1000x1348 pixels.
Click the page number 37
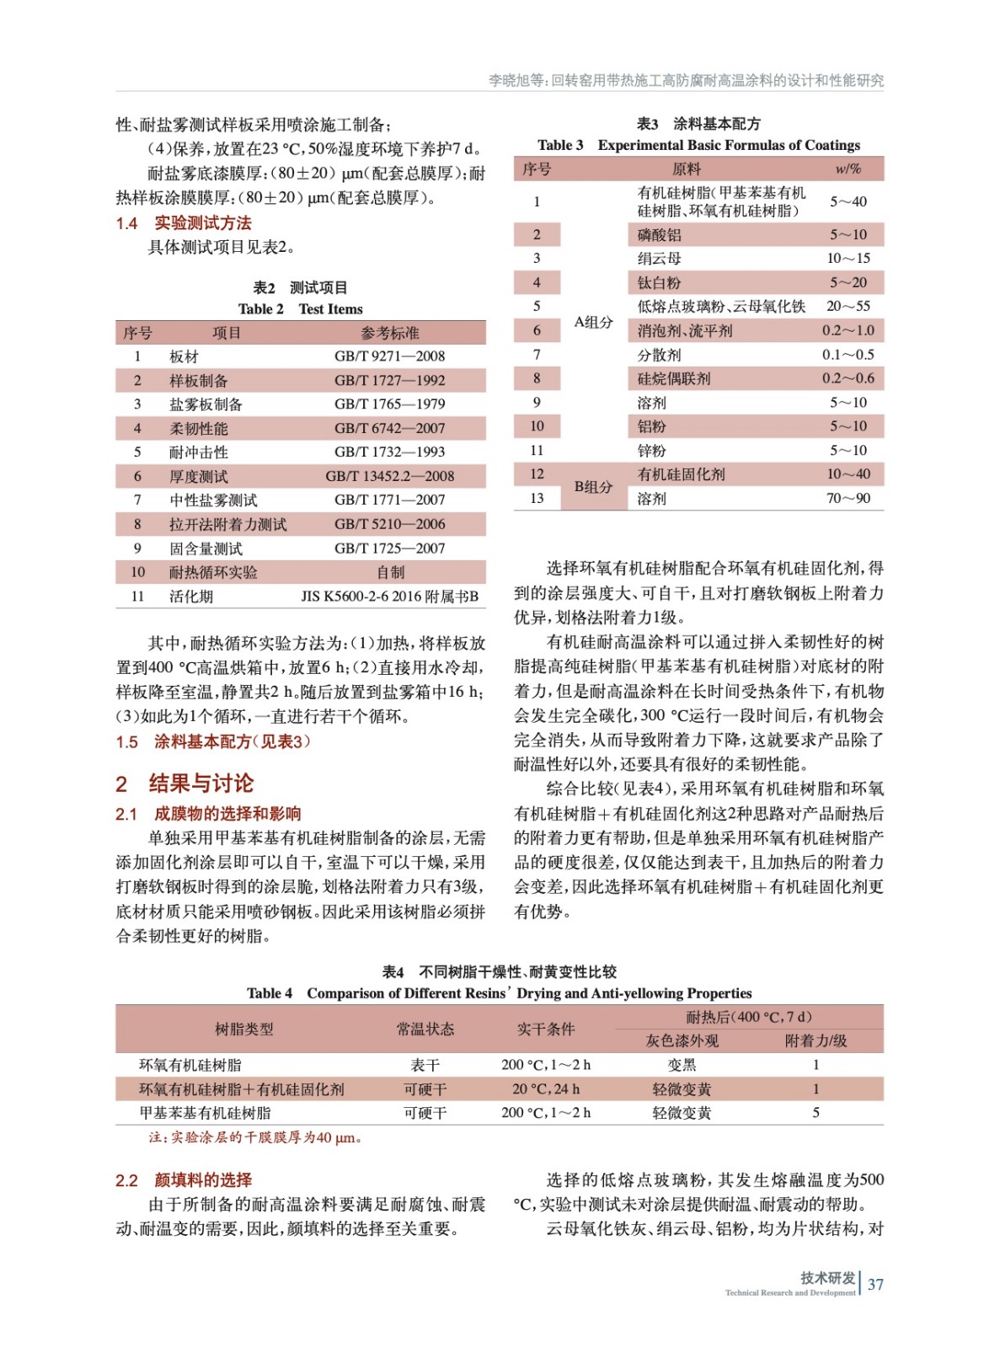[875, 1284]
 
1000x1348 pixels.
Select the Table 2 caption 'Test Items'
[301, 309]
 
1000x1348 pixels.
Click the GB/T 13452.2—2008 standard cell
[389, 476]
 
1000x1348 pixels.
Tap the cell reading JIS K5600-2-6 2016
[389, 596]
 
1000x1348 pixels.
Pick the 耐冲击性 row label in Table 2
[198, 452]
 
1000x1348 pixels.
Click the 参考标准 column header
[389, 333]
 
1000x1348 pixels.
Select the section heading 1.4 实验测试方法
[184, 223]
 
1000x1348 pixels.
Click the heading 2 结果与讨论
[184, 784]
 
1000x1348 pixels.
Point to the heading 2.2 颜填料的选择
[184, 1180]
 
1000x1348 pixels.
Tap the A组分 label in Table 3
[593, 322]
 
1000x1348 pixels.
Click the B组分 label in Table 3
[593, 487]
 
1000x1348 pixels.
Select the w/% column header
[848, 169]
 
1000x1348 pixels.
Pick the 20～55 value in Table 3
[848, 306]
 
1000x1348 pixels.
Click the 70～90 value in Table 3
[848, 499]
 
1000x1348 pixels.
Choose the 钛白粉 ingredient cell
[659, 283]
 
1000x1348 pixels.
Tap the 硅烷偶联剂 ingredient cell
[673, 379]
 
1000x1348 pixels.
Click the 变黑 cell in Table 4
[681, 1065]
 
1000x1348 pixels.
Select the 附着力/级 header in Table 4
[816, 1041]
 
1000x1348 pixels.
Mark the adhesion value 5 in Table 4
[816, 1113]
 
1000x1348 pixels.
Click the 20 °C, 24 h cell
[545, 1089]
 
